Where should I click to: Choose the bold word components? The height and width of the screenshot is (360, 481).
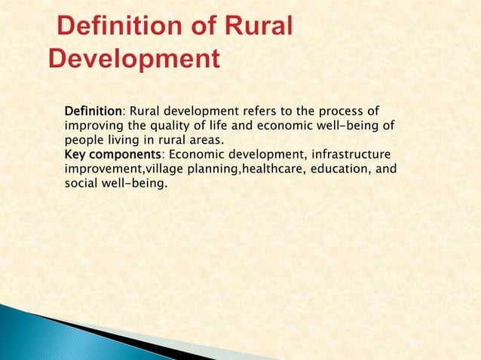125,154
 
